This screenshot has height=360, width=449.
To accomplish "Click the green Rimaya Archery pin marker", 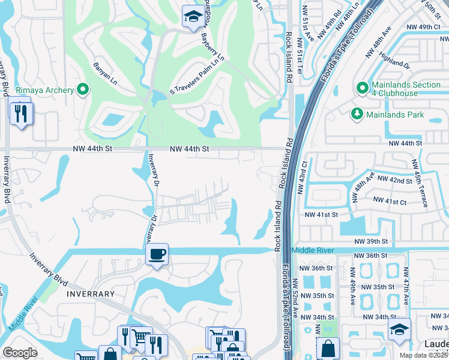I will tap(83, 91).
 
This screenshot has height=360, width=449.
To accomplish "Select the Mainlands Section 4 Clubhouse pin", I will tap(363, 89).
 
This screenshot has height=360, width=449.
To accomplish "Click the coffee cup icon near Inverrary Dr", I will tap(157, 254).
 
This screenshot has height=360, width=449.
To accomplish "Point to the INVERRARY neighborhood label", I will tap(91, 294).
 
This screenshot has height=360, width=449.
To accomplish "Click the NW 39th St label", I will tap(371, 241).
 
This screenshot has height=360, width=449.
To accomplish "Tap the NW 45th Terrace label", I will tap(420, 183).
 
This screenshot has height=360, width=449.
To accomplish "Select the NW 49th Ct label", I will tap(423, 27).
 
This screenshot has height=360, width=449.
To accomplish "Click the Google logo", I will tap(20, 353).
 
